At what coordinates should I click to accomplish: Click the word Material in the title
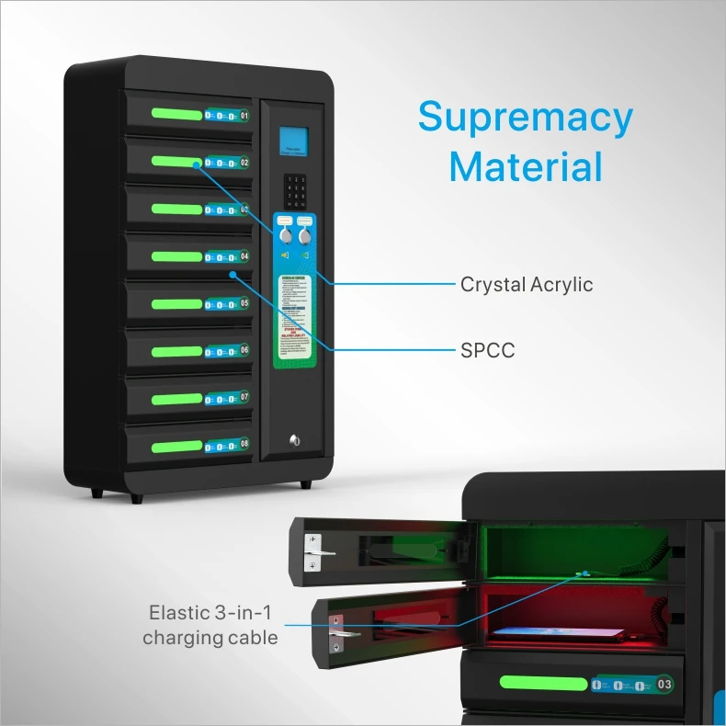pyautogui.click(x=525, y=167)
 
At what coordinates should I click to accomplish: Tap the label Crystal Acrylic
pyautogui.click(x=527, y=285)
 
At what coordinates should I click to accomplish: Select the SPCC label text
pyautogui.click(x=487, y=351)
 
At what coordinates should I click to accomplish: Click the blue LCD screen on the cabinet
pyautogui.click(x=294, y=142)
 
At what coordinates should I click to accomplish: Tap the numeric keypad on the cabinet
pyautogui.click(x=295, y=191)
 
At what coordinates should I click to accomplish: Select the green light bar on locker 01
pyautogui.click(x=176, y=115)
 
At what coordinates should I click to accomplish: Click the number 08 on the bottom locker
pyautogui.click(x=244, y=445)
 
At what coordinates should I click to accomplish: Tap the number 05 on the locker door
pyautogui.click(x=244, y=303)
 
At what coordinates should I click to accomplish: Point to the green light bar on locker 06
pyautogui.click(x=176, y=350)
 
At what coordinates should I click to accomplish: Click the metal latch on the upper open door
pyautogui.click(x=314, y=551)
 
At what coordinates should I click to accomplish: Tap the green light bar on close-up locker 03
pyautogui.click(x=543, y=684)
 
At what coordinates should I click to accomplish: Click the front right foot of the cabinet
pyautogui.click(x=304, y=484)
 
